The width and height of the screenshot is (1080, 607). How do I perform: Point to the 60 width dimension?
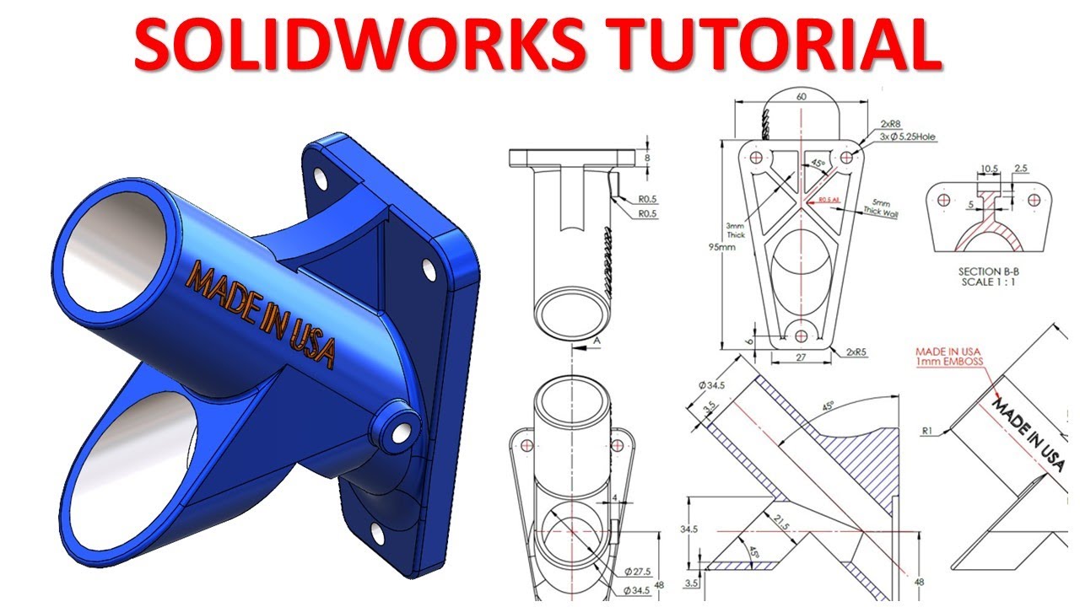click(801, 97)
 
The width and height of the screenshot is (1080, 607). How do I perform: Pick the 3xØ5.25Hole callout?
click(907, 137)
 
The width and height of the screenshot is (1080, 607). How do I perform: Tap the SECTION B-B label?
click(991, 271)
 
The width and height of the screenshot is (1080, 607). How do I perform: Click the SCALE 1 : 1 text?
click(991, 282)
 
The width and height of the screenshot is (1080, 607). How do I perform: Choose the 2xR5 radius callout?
click(847, 350)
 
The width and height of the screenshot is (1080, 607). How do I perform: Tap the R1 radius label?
click(926, 431)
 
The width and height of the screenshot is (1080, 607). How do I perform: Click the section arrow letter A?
click(596, 339)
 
